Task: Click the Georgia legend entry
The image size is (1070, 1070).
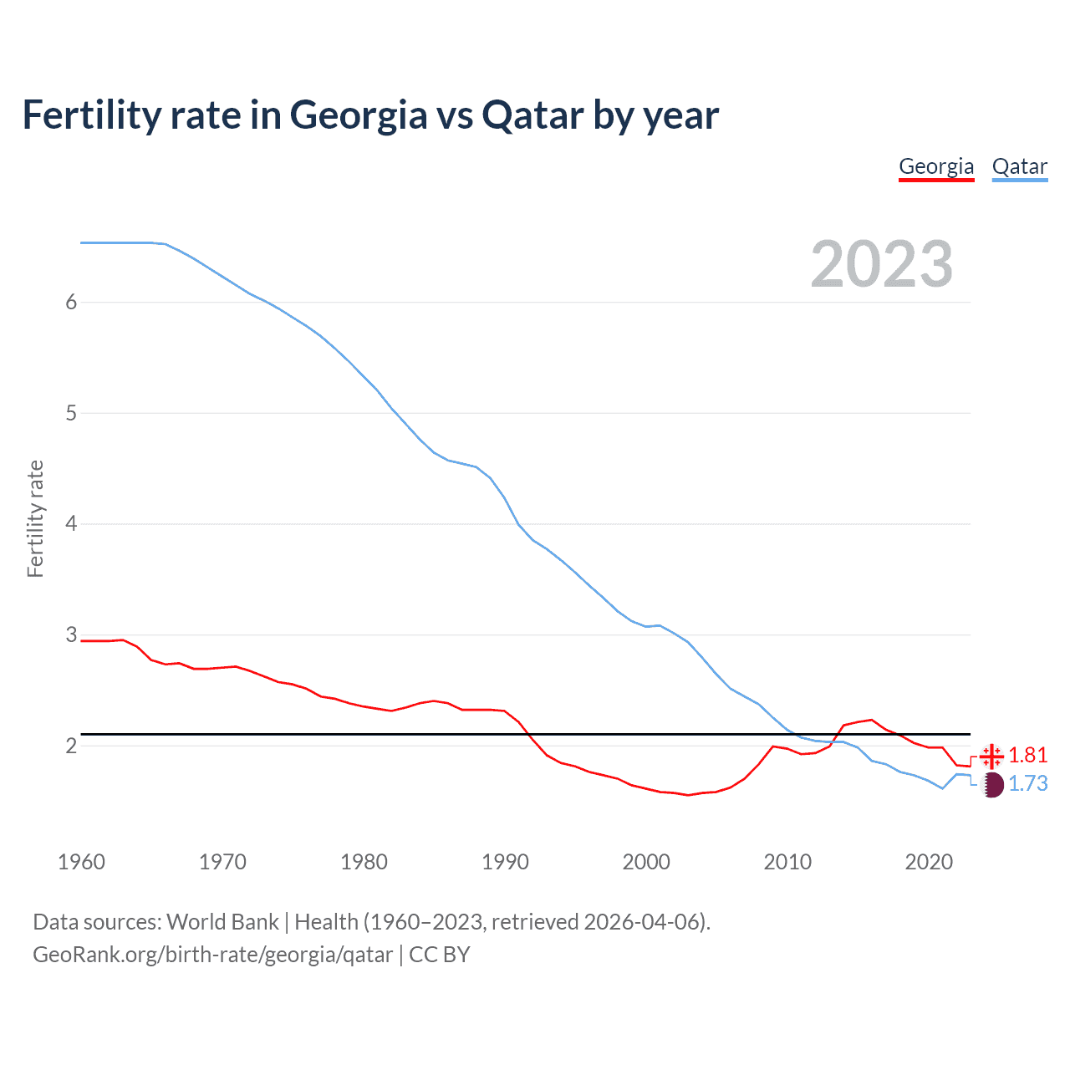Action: click(936, 166)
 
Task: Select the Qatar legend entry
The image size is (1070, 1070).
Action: click(1019, 166)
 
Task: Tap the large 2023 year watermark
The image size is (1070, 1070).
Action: click(882, 264)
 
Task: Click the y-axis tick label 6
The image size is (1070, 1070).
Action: click(71, 302)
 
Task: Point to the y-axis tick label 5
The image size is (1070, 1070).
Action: click(71, 413)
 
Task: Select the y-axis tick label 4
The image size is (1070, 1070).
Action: click(71, 524)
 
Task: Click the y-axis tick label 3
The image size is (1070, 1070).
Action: click(71, 634)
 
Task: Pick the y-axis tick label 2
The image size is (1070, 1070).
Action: click(71, 746)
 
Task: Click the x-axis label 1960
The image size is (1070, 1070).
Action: click(81, 862)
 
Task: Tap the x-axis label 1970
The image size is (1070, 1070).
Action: click(222, 862)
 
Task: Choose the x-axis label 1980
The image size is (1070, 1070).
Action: click(364, 862)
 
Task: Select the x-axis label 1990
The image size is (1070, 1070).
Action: click(505, 862)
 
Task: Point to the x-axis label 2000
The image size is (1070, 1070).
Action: click(646, 862)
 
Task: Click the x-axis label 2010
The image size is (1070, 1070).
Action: click(787, 862)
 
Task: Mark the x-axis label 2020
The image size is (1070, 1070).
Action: click(929, 862)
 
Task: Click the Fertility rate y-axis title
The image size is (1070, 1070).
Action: click(35, 519)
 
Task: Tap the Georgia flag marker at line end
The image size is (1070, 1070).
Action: click(991, 756)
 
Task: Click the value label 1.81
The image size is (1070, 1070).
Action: click(1027, 756)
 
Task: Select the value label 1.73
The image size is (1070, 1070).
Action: click(1027, 784)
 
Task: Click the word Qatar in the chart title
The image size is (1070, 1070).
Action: click(532, 115)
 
